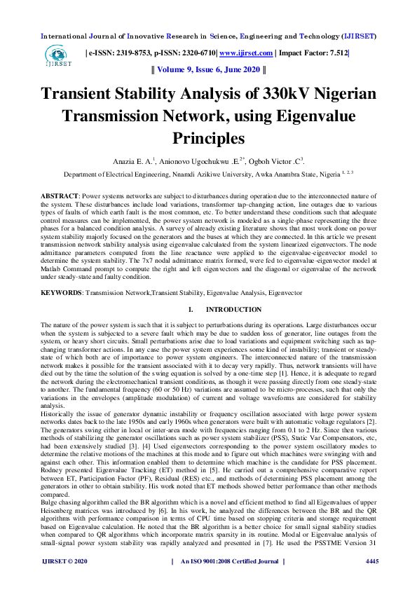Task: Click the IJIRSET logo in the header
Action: click(x=57, y=56)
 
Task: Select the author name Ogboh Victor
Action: click(x=271, y=162)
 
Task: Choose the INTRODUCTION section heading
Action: click(x=229, y=310)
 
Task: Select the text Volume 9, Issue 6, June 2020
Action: click(x=208, y=70)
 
